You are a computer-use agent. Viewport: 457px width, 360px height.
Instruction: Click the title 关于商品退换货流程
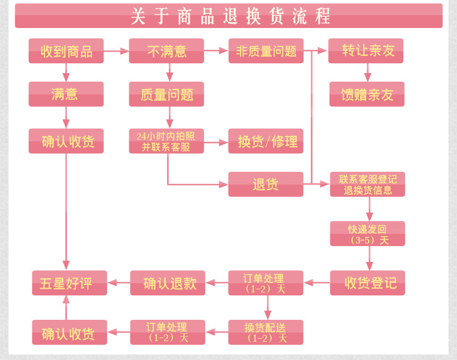(228, 16)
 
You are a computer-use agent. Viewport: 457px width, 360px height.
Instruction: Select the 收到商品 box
(66, 51)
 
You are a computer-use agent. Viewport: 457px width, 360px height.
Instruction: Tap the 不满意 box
(166, 51)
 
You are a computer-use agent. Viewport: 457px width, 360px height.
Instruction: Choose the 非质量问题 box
(266, 51)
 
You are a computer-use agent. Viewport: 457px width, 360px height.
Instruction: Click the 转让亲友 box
(366, 51)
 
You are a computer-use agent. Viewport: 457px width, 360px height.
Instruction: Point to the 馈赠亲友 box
(366, 94)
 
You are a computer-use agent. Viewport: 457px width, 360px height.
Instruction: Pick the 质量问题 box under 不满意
(166, 94)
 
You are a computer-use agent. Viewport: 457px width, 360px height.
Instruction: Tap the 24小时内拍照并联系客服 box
(166, 141)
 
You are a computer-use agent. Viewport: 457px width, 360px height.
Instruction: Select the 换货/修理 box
(266, 141)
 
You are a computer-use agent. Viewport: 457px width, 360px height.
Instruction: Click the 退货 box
(266, 184)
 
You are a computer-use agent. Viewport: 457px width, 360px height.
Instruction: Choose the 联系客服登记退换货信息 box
(367, 184)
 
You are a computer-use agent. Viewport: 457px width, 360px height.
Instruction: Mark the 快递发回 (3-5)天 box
(367, 233)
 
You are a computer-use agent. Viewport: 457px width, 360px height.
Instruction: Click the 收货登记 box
(367, 283)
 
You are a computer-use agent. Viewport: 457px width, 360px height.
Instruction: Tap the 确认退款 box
(167, 283)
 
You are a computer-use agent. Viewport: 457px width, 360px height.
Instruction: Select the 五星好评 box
(69, 283)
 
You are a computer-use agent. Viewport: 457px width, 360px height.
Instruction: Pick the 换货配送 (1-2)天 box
(266, 332)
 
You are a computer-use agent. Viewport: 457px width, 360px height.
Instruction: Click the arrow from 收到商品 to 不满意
(116, 51)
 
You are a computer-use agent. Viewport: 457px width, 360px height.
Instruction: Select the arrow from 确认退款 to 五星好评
(118, 283)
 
